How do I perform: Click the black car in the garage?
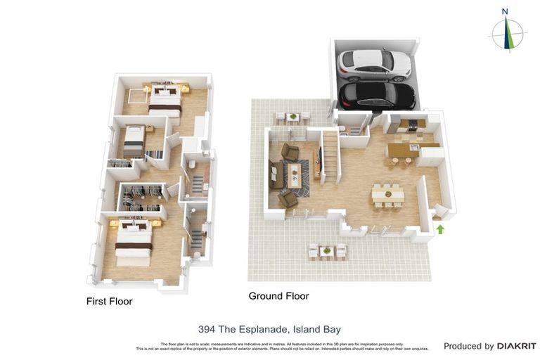pos(376,94)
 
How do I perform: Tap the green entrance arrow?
pos(440,229)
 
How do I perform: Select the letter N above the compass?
pos(505,11)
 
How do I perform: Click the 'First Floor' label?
pos(109,302)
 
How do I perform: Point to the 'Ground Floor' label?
pos(278,296)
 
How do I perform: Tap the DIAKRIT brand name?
pos(517,346)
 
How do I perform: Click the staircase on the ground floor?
pos(329,156)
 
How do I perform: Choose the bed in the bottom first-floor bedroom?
pos(134,243)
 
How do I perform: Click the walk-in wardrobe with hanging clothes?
pos(143,196)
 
